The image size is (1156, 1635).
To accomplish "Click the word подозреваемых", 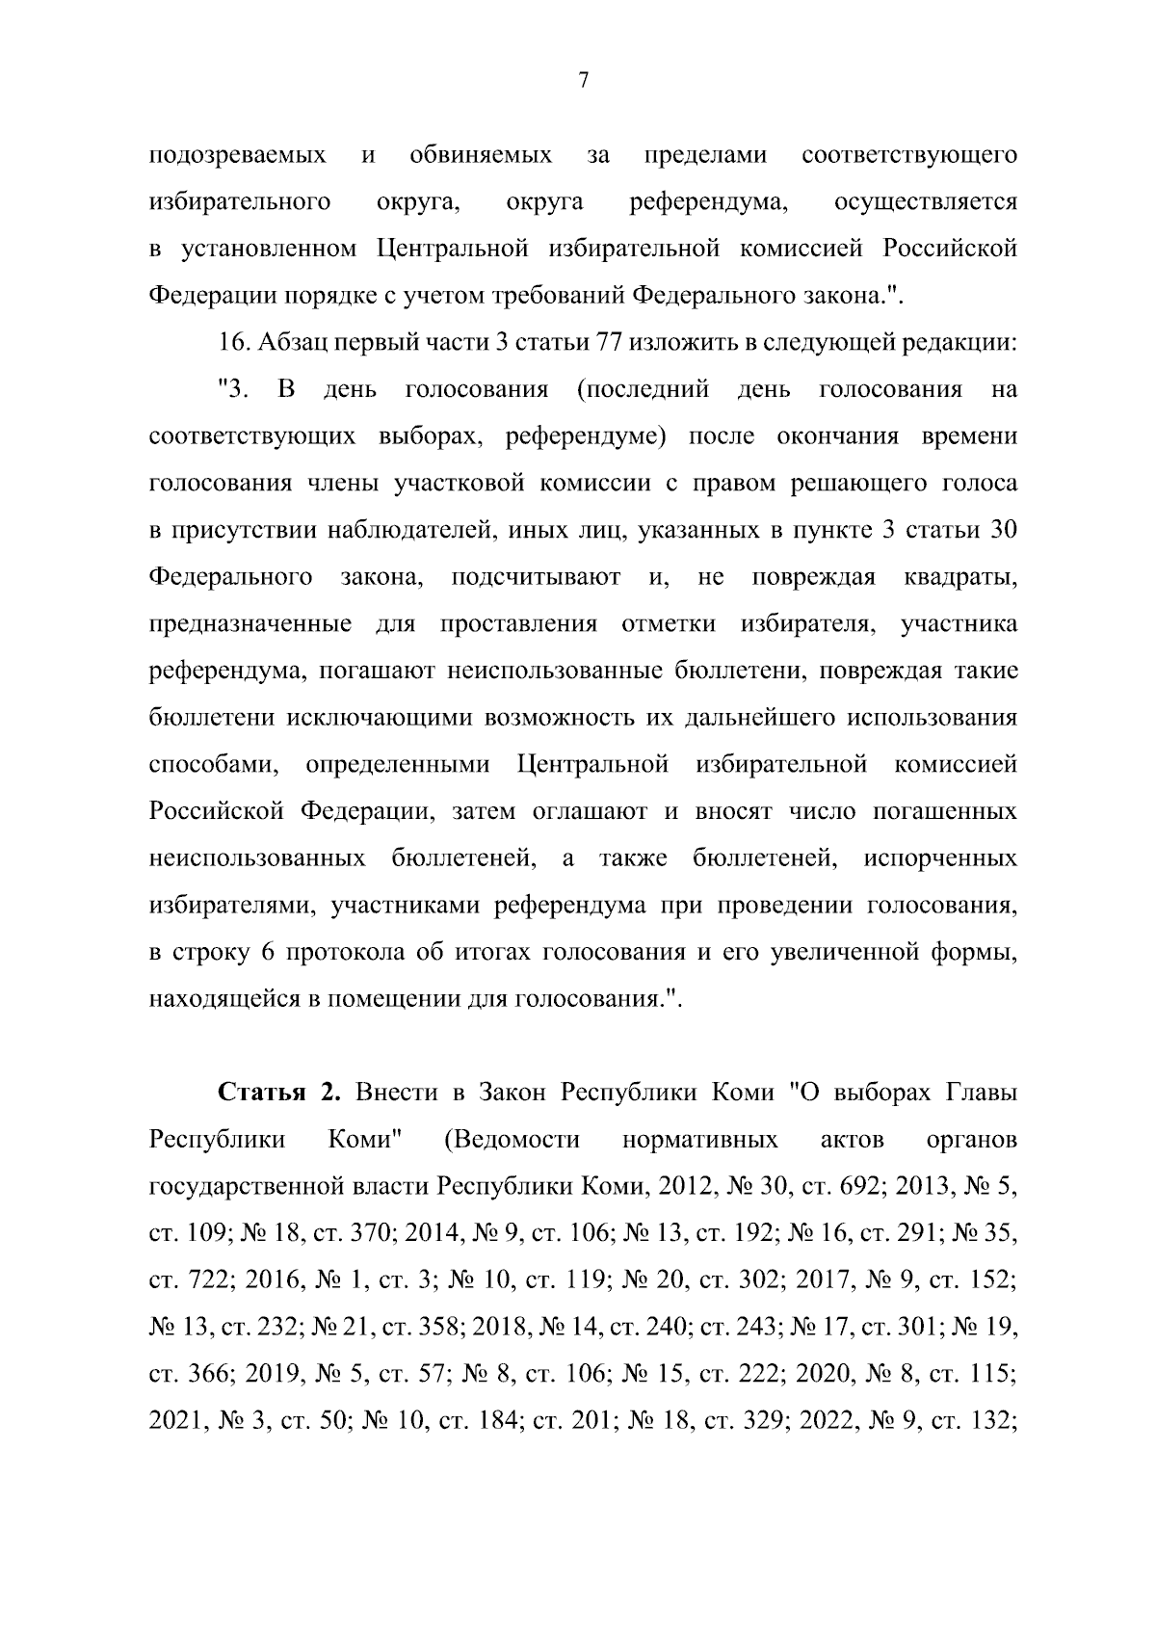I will click(237, 155).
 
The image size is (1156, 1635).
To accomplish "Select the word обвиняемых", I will click(481, 155).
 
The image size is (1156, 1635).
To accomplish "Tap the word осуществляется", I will click(926, 202).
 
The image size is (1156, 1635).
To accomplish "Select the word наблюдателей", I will click(410, 530).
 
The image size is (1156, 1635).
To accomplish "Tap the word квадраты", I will click(960, 577).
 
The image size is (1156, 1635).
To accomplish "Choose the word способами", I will click(215, 765).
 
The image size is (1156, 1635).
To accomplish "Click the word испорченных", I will click(940, 857).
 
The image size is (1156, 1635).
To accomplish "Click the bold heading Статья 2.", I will click(280, 1094).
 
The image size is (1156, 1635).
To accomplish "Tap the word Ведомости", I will click(512, 1140).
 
